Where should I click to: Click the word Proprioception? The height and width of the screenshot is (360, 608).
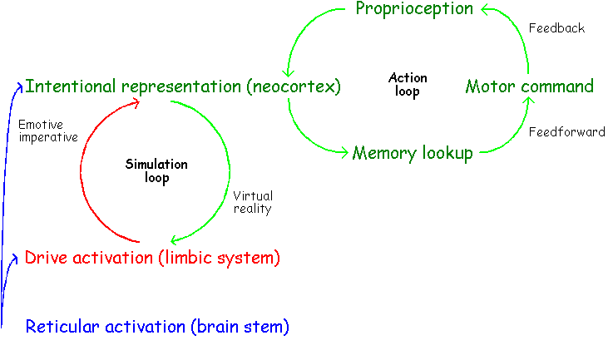[x=414, y=10]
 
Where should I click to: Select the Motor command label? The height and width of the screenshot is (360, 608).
[x=529, y=86]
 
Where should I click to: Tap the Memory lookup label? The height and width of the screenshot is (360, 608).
[x=413, y=153]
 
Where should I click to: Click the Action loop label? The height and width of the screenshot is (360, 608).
[x=408, y=85]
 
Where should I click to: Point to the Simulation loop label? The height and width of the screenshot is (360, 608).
[x=156, y=170]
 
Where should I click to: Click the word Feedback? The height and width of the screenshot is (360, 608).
[x=557, y=28]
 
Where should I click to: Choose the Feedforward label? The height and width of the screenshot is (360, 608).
[x=567, y=132]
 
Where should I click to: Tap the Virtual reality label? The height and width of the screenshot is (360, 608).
[x=253, y=203]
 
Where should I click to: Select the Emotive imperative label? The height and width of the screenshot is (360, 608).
[x=47, y=131]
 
